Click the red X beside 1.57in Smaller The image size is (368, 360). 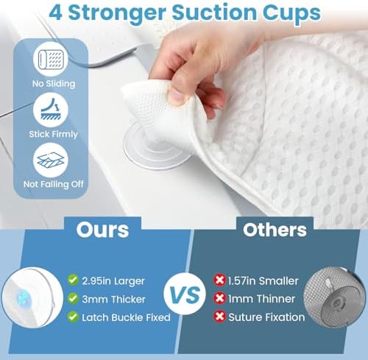pos(218,279)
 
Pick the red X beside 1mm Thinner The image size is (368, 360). pos(218,298)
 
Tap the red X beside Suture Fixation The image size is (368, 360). pos(218,317)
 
